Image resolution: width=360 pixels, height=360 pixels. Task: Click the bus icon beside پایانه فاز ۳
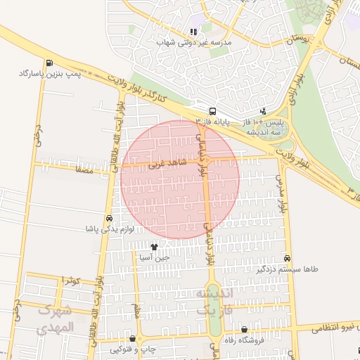click(x=212, y=111)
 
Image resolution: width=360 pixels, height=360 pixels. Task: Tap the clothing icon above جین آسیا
click(x=154, y=247)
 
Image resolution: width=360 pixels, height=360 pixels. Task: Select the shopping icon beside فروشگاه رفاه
click(x=244, y=330)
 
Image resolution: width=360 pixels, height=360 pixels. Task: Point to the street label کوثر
click(x=70, y=281)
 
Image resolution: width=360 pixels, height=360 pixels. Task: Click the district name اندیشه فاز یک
click(x=212, y=300)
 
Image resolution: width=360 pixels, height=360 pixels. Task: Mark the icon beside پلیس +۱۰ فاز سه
click(x=263, y=111)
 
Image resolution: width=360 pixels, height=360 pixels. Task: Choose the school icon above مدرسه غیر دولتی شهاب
click(x=193, y=32)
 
